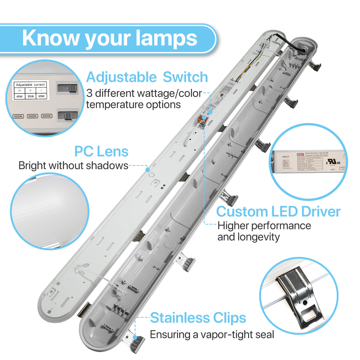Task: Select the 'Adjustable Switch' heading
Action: (x=147, y=77)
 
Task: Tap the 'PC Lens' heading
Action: (x=101, y=151)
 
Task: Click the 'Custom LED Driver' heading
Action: (x=278, y=212)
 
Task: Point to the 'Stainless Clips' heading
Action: (x=198, y=318)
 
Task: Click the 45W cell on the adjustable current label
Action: (x=20, y=96)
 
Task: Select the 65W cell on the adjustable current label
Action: (x=42, y=96)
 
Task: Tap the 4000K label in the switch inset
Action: (x=18, y=116)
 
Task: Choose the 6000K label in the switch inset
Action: (x=47, y=116)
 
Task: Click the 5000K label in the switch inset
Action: (x=32, y=116)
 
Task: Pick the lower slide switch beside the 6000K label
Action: (x=68, y=115)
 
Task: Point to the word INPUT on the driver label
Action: (x=286, y=157)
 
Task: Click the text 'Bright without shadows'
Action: (x=73, y=165)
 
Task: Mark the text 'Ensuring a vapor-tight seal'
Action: (x=212, y=334)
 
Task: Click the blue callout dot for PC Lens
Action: (x=147, y=170)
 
